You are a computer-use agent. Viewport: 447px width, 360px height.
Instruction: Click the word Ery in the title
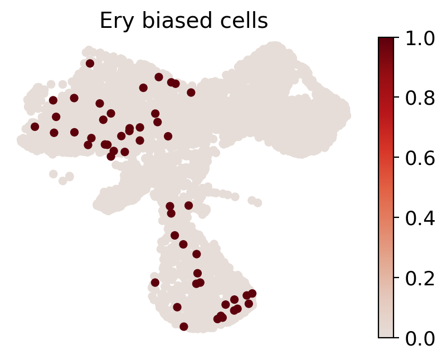(117, 21)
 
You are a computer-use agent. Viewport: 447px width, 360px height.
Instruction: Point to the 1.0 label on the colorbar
(420, 38)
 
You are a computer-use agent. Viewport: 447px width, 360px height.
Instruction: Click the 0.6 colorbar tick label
(420, 158)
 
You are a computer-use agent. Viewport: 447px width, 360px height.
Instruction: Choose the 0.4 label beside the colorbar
(420, 218)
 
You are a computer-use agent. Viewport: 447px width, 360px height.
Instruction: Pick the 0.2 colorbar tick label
(420, 279)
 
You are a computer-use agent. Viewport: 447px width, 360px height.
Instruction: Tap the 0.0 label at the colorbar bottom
(420, 339)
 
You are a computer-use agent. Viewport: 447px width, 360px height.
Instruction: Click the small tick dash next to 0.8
(396, 97)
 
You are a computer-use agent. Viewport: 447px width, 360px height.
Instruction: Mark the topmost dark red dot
(90, 64)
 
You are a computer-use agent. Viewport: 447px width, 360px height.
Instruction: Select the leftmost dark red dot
(35, 127)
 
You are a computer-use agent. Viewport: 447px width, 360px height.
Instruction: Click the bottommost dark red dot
(184, 327)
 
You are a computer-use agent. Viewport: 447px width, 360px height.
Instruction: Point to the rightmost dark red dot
(252, 293)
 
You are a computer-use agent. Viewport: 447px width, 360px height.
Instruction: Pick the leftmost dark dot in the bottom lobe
(155, 283)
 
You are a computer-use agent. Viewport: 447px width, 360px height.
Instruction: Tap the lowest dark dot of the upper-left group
(111, 156)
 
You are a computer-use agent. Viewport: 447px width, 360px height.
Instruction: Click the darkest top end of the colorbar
(386, 38)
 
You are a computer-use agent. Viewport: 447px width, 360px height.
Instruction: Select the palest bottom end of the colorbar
(386, 336)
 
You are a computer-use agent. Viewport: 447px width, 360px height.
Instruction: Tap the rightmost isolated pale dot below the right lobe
(258, 203)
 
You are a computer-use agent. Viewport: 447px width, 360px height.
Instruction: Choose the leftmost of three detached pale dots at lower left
(54, 174)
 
